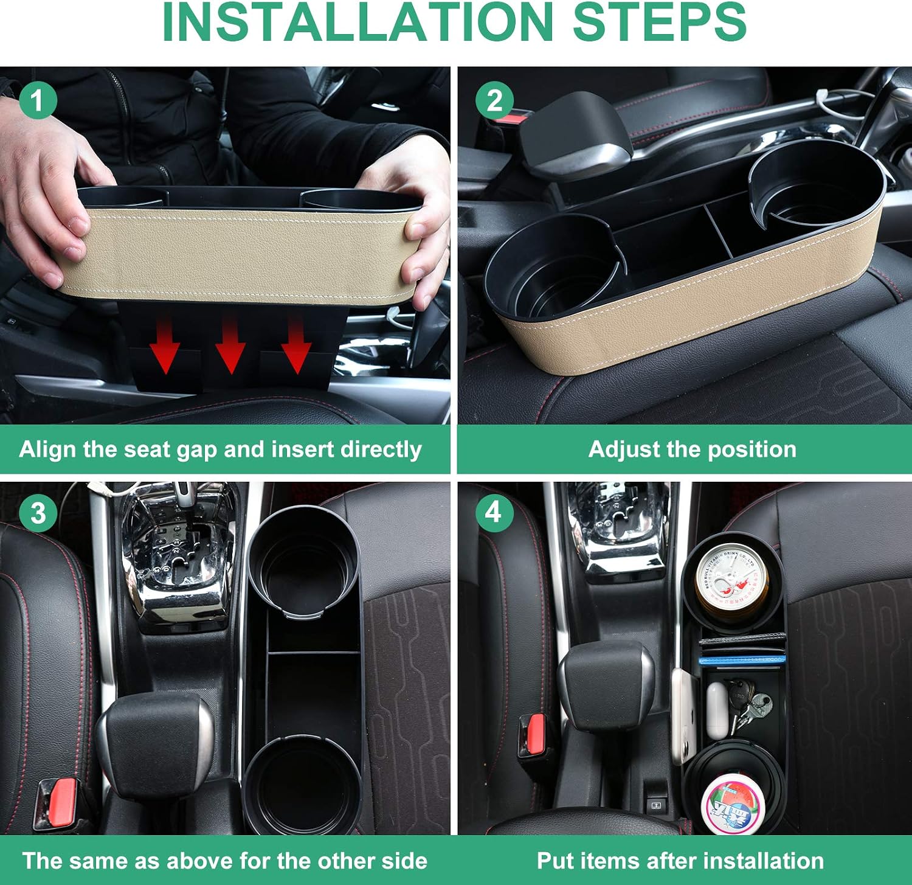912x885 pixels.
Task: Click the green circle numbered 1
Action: point(38,100)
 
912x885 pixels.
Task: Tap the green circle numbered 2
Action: point(494,100)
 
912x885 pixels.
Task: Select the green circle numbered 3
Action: point(38,513)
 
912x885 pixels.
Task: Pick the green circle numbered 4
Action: point(494,512)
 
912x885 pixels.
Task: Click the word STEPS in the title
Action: point(659,23)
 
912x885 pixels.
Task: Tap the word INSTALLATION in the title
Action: point(358,23)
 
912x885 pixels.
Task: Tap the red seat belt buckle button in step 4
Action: point(536,733)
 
